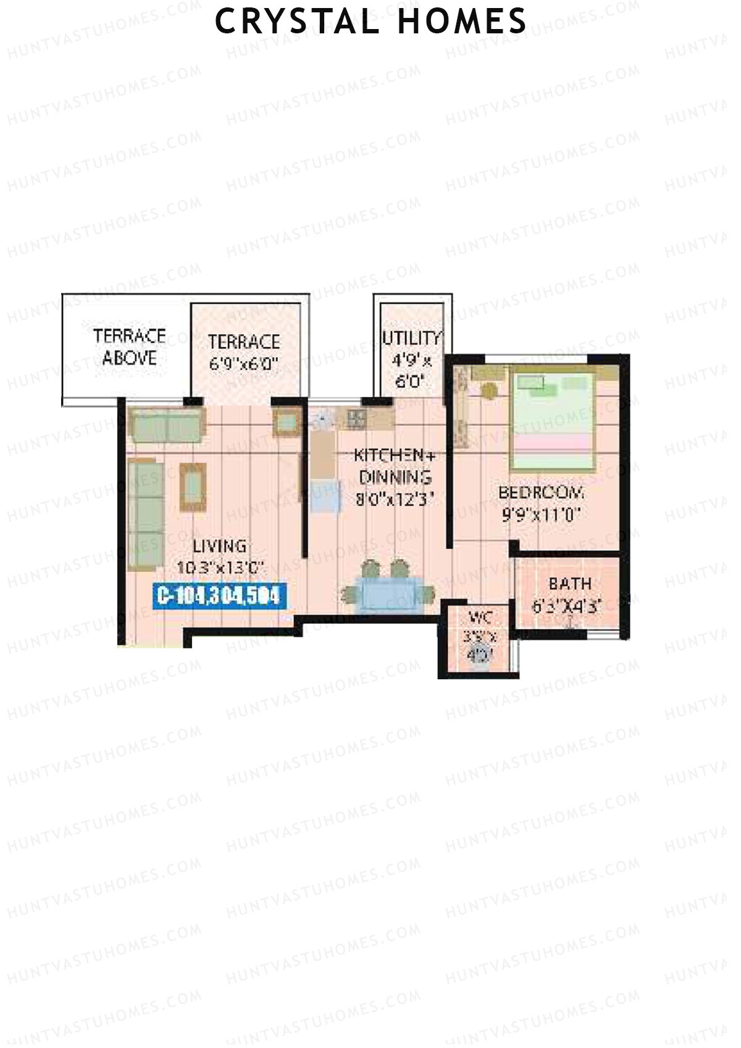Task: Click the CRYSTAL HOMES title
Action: coord(371,22)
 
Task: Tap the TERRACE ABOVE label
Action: coord(130,347)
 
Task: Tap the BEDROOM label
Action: coord(542,493)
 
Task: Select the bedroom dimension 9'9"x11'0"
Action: coord(542,514)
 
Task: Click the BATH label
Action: coord(569,583)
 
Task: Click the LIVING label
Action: coord(220,546)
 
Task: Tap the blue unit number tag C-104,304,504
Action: coord(219,596)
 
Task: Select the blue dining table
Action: coord(390,593)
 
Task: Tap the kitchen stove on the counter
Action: coord(356,418)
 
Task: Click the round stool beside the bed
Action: coord(490,392)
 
